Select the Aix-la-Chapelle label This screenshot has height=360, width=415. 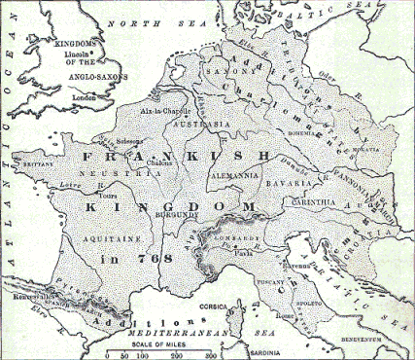tap(186, 113)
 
